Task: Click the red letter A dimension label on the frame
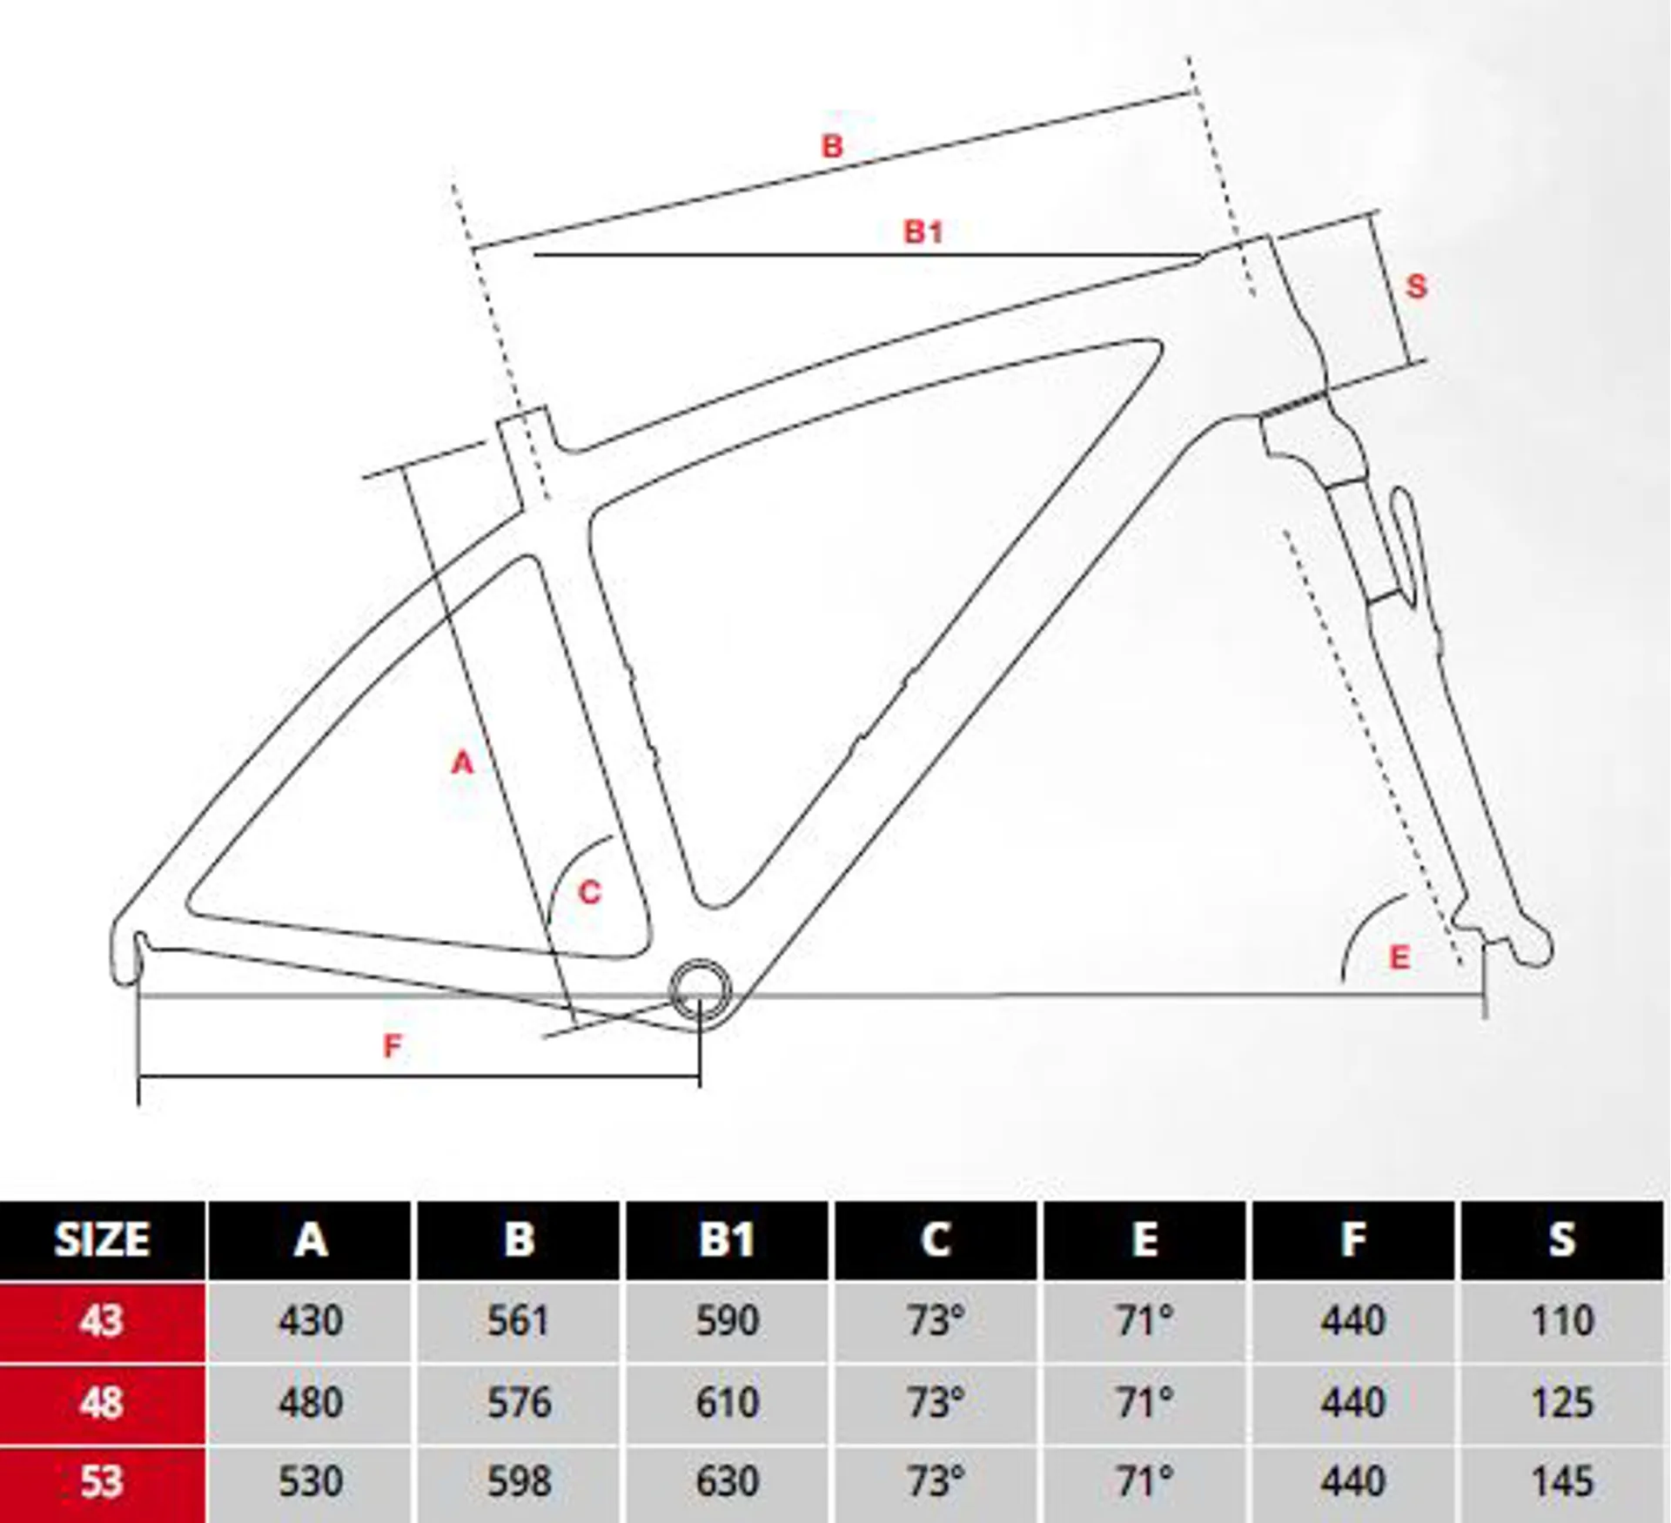(463, 762)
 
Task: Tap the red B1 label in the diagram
(923, 231)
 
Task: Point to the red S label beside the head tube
(1417, 286)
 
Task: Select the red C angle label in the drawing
(590, 892)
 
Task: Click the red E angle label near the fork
(1399, 957)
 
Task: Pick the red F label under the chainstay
(393, 1045)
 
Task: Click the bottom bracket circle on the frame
(699, 991)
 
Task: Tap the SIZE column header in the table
(102, 1239)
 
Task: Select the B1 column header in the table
(727, 1239)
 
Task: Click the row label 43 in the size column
(102, 1320)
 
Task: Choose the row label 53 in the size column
(102, 1481)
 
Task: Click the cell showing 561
(519, 1320)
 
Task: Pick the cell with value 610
(727, 1402)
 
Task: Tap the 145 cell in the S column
(1562, 1481)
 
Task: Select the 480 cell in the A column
(311, 1402)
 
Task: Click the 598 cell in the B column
(519, 1481)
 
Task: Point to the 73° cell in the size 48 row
(936, 1402)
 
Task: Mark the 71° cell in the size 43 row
(1144, 1320)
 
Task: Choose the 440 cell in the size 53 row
(1353, 1481)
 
